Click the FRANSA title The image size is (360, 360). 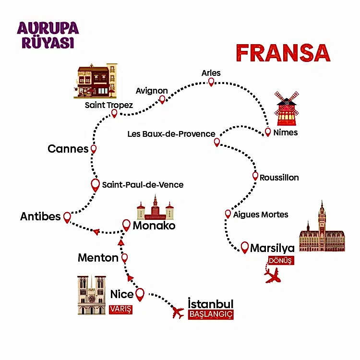coord(283,53)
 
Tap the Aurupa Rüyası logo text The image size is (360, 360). coord(48,35)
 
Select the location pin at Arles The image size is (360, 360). coord(211,82)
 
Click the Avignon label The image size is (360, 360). coord(152,91)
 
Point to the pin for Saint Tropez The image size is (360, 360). coord(114,113)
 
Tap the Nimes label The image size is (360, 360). coord(285,132)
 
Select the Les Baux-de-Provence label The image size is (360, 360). coord(171,134)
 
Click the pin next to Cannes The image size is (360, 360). coord(94,149)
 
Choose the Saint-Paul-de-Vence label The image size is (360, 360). coord(143,185)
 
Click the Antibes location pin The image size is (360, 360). coord(67,217)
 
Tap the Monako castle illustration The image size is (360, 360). coord(155,208)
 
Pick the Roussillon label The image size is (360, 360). coord(279,178)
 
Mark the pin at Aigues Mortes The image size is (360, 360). coord(228,214)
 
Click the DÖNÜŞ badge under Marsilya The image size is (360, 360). coord(279,261)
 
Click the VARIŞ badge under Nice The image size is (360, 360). coord(120,309)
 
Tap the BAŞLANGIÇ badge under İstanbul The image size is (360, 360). coord(211,314)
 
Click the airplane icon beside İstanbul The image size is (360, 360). coord(178,313)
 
